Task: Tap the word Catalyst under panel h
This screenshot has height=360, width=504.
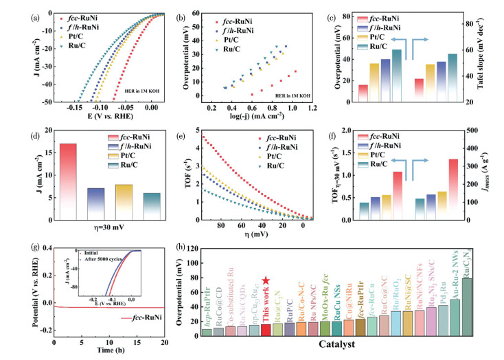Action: [x=338, y=350]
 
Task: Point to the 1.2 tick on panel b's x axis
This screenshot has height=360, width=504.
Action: [x=312, y=109]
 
